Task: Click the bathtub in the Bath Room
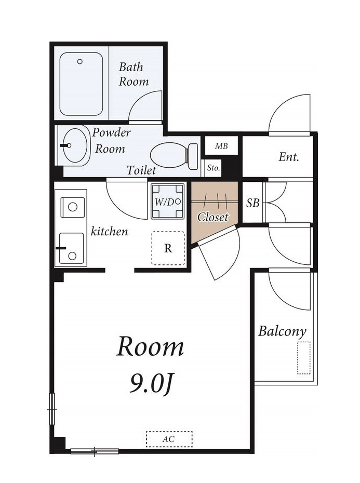81,84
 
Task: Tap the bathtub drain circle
80,61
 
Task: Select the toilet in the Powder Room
174,156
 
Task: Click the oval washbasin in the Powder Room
75,145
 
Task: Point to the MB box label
221,146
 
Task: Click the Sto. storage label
214,168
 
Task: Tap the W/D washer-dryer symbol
167,202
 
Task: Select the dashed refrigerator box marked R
168,248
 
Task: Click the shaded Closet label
212,217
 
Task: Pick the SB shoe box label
253,203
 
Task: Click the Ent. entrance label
289,157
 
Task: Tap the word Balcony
282,331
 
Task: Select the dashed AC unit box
169,439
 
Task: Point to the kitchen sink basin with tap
72,248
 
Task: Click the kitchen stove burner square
73,207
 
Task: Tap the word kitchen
109,231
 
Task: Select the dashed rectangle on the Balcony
303,358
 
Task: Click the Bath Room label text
134,74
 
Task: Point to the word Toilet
141,170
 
